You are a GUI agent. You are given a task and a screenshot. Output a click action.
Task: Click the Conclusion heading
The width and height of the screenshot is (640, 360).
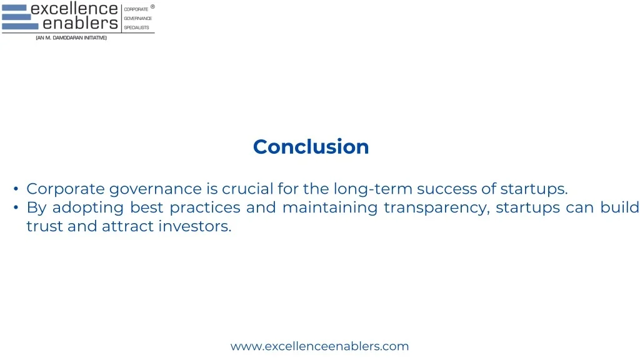(311, 146)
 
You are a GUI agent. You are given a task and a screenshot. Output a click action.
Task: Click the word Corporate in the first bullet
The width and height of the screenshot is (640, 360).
(66, 189)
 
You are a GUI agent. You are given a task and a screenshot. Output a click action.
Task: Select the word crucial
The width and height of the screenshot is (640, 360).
(249, 189)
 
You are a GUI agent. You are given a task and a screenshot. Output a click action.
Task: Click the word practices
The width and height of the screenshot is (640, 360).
(204, 207)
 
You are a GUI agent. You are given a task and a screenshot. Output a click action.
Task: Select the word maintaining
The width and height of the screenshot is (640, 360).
(330, 207)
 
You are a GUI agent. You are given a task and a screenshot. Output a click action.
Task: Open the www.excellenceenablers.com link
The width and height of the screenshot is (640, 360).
(319, 346)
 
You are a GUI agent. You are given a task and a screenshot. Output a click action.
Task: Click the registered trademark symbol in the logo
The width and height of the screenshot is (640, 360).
(152, 7)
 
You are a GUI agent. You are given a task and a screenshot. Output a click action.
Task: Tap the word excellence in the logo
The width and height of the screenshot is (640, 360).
(74, 9)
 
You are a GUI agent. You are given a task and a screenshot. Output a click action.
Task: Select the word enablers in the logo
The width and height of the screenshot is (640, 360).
(80, 24)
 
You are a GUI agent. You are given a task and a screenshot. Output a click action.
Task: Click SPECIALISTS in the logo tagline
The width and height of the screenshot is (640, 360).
(136, 27)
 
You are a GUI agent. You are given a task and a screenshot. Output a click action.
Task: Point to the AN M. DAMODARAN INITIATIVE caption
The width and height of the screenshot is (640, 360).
(71, 38)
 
